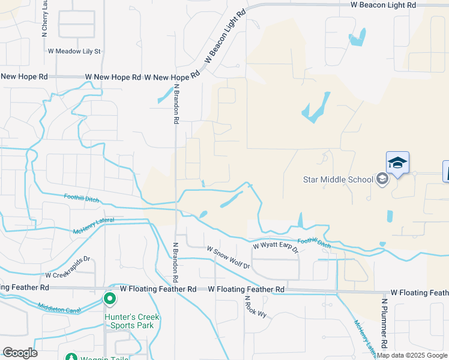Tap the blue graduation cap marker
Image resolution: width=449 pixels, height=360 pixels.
point(397,163)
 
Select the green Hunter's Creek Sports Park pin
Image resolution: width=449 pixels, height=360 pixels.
point(110,298)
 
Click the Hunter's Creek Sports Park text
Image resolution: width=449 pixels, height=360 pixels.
point(129,321)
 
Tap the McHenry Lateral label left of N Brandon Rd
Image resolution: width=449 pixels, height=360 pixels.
point(92,226)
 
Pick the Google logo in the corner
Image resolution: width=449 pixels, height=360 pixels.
point(20,352)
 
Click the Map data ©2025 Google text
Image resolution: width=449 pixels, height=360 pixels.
point(412,355)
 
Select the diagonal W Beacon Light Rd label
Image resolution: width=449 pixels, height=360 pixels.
point(226,37)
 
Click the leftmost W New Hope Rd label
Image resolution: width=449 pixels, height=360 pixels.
point(24,77)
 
